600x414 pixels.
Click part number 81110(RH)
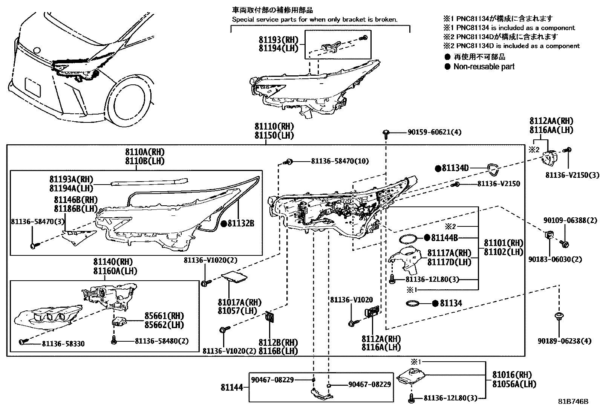click(274, 127)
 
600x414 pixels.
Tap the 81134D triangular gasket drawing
click(492, 170)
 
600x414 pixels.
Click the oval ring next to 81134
click(414, 303)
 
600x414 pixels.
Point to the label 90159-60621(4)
click(434, 132)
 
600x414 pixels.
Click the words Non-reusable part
click(484, 67)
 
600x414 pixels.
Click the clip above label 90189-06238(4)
click(559, 316)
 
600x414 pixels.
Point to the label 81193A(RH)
click(71, 179)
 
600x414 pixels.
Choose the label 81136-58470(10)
click(340, 161)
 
